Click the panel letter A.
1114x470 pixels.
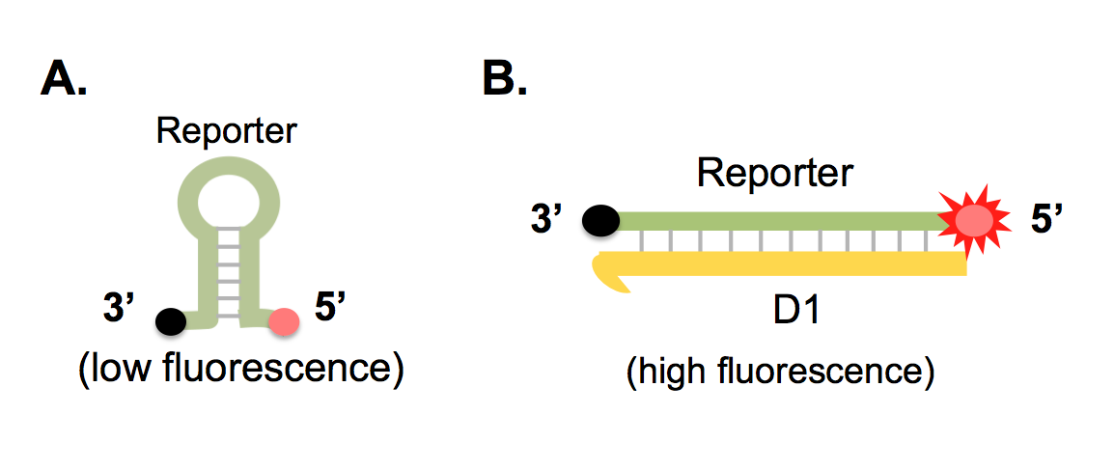[x=64, y=80]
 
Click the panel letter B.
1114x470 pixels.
[x=504, y=80]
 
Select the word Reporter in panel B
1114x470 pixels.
[x=775, y=174]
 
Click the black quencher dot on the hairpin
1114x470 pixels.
[x=172, y=319]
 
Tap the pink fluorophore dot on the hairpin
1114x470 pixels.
[x=284, y=320]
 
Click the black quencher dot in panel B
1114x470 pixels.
[x=600, y=221]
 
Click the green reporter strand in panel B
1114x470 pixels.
[x=772, y=221]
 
